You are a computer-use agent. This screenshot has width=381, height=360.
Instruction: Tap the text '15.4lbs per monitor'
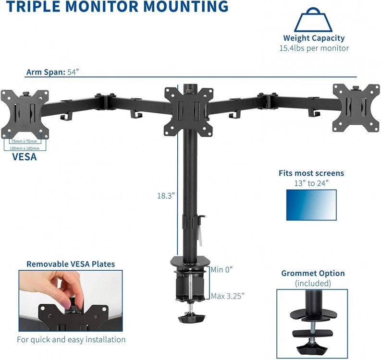[314, 48]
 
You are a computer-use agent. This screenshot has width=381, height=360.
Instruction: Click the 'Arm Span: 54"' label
[52, 72]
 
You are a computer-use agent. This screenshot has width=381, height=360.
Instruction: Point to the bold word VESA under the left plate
[24, 157]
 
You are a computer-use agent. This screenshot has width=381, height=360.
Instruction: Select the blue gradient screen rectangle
[311, 205]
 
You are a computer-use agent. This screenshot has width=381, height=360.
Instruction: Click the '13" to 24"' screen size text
[311, 183]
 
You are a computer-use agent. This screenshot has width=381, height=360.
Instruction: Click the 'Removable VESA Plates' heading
[71, 264]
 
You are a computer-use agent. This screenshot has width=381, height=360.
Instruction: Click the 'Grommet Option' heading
[313, 273]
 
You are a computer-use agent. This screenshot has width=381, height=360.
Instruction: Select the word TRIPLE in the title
[33, 7]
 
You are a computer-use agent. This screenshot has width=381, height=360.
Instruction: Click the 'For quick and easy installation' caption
[71, 339]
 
